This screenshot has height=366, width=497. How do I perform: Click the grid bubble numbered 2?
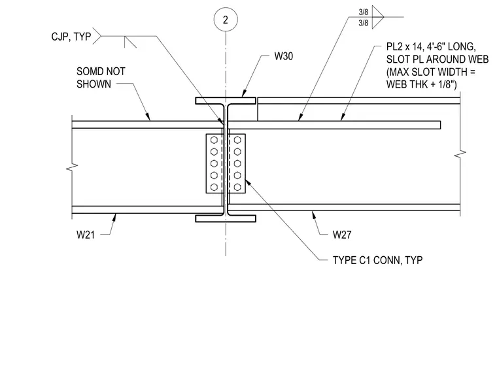point(226,20)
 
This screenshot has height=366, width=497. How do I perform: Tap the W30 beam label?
point(283,56)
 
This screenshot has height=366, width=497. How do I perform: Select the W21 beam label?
point(86,235)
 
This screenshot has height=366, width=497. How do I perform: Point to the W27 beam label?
point(342,235)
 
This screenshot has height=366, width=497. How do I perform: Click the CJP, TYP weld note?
point(71,37)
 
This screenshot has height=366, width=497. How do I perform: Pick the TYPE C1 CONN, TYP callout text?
point(377,260)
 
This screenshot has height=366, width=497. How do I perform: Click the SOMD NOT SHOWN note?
point(101,78)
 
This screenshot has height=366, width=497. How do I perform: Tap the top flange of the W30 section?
point(226,101)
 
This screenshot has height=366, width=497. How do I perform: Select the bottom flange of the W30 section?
point(226,219)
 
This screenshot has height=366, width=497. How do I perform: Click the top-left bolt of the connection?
point(214,140)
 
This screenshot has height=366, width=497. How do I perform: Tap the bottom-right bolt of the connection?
point(237,187)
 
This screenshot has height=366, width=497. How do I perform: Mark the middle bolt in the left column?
point(214,163)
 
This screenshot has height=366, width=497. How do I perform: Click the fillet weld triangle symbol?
point(377,17)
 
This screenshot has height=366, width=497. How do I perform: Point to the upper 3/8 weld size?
point(363,12)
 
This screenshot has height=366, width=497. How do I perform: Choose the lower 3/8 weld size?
point(363,23)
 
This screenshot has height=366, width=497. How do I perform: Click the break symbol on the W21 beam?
point(72,167)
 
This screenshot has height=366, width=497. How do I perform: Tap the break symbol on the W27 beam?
point(460,155)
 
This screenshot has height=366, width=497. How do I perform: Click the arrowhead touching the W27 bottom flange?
point(313,214)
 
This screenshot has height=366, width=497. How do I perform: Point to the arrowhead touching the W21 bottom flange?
point(114,218)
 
